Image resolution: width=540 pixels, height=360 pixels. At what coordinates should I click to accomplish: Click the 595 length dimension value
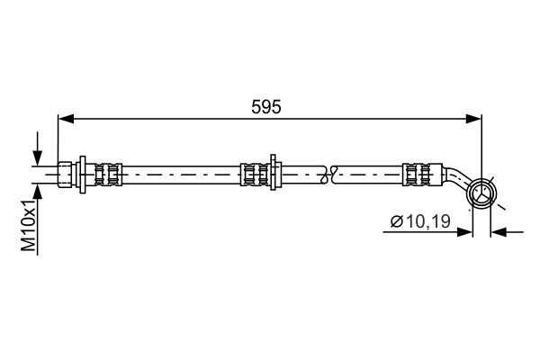click(x=265, y=107)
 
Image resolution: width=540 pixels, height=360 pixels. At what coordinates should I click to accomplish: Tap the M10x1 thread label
click(x=29, y=225)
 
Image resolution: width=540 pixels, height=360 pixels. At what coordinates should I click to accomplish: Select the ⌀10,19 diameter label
click(x=420, y=221)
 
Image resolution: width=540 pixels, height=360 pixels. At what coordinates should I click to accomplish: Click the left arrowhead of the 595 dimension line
click(x=66, y=119)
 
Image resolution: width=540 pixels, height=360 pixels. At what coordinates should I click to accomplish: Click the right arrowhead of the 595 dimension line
click(x=473, y=119)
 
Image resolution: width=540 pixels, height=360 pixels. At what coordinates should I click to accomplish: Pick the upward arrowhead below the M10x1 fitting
click(x=37, y=192)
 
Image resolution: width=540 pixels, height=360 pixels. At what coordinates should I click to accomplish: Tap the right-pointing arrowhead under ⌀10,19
click(x=464, y=232)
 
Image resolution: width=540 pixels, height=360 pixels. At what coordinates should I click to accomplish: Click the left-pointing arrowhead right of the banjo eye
click(x=499, y=232)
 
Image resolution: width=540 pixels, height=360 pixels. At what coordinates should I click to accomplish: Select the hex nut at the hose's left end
click(x=65, y=175)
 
